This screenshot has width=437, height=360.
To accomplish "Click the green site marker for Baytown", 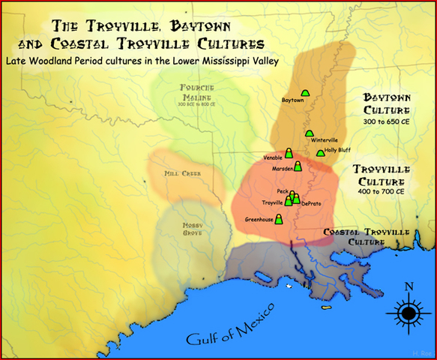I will (x=305, y=93).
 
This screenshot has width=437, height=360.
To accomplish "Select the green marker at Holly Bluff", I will (x=321, y=153).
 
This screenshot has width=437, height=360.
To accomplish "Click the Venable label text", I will (x=274, y=157).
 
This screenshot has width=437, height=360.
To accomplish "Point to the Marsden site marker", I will (x=298, y=166).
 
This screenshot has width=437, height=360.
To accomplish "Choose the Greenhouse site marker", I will (x=279, y=219).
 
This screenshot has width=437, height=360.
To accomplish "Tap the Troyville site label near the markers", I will (x=272, y=203).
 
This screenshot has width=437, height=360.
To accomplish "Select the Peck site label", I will (x=283, y=191).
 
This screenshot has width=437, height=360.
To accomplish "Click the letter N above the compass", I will (x=408, y=286).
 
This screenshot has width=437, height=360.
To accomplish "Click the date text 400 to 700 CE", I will (x=380, y=192).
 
